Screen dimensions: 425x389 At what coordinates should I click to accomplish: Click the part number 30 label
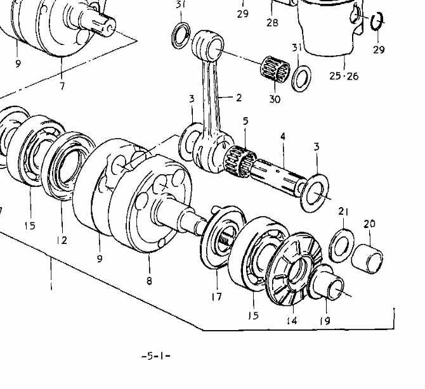275,99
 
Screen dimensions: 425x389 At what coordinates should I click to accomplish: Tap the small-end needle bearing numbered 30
275,68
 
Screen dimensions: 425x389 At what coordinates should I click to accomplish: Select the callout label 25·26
344,76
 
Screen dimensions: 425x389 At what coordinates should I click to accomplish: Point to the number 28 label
272,22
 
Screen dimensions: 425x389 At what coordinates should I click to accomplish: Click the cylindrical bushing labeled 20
367,259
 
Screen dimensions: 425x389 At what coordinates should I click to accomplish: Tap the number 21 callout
343,212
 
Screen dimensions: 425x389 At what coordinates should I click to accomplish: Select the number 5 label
245,121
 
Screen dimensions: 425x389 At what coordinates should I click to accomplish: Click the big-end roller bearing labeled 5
240,162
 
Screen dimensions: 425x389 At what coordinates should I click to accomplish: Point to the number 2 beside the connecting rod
239,98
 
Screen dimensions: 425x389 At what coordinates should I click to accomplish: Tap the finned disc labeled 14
294,269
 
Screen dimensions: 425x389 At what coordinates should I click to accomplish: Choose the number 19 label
325,321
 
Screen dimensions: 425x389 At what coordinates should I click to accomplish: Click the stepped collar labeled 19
327,283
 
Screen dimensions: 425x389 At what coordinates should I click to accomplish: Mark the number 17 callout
216,297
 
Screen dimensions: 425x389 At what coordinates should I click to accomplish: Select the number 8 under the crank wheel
149,281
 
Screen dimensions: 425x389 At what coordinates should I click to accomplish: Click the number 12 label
62,240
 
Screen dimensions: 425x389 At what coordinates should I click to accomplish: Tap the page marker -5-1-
156,355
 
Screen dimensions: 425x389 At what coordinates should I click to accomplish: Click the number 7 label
62,86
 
